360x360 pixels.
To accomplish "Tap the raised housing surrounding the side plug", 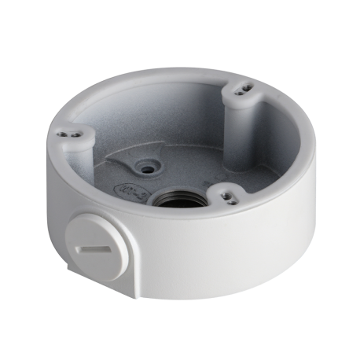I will click(x=118, y=236).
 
